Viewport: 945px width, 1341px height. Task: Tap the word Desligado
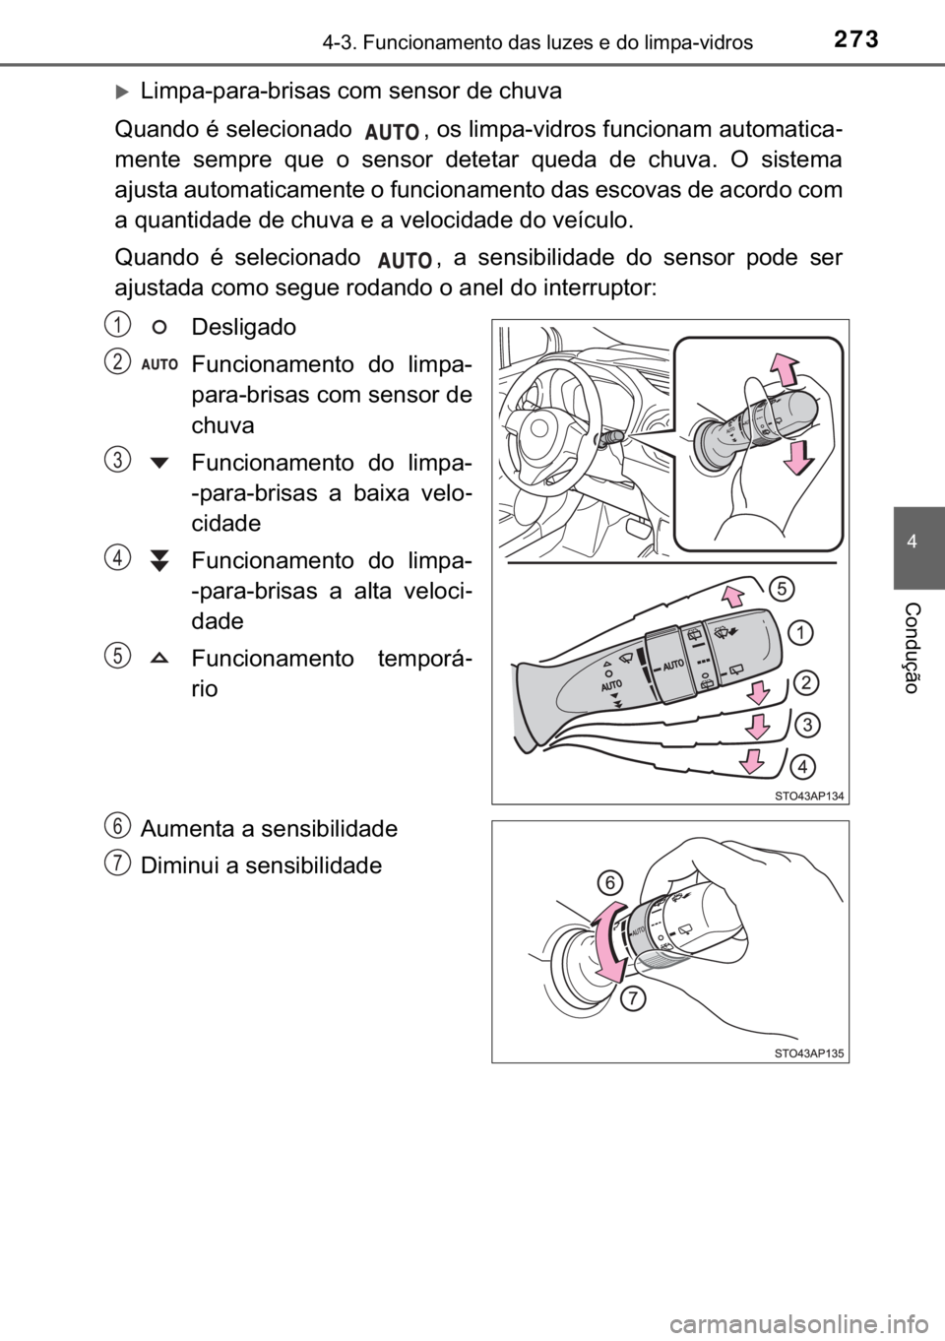[243, 328]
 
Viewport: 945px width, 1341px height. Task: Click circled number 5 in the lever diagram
[782, 589]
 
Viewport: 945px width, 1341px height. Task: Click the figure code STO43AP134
[808, 796]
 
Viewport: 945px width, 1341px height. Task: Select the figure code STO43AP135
[808, 1054]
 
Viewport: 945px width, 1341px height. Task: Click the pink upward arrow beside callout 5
[732, 597]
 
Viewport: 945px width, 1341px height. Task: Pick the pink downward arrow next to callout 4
[752, 761]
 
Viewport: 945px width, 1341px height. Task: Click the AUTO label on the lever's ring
[672, 665]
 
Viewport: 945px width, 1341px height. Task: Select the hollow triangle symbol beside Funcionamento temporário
[159, 658]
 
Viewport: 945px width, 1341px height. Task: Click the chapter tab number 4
[912, 543]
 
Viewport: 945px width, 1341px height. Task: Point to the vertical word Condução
[912, 649]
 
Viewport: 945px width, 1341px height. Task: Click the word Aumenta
[185, 829]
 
